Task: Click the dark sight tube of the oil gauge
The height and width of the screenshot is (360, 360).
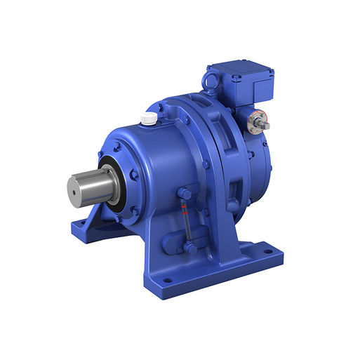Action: point(187,221)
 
